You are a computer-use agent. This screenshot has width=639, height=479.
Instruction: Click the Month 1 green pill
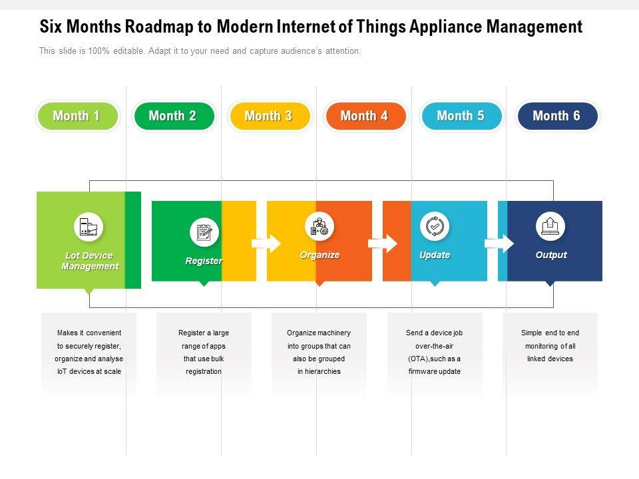point(77,116)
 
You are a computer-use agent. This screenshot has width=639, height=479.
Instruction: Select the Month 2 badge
point(173,116)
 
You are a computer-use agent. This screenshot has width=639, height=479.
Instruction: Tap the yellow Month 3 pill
point(269,116)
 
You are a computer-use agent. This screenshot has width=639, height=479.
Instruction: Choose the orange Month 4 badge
point(365,116)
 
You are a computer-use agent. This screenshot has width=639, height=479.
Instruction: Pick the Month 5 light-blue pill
point(461,116)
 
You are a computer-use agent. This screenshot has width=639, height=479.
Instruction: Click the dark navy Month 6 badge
point(557,116)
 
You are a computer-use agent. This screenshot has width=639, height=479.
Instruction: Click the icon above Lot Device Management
point(89,227)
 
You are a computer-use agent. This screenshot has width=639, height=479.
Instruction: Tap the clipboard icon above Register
point(204,232)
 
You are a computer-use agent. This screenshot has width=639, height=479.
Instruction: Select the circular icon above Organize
point(319,226)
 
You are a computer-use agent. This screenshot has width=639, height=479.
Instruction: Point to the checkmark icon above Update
point(435,226)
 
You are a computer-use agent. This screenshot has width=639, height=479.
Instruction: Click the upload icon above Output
point(550,226)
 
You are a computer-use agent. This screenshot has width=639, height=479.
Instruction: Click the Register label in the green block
point(204,261)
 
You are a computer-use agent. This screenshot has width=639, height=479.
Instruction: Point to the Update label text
point(435,255)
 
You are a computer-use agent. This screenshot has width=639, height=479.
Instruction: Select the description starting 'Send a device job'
point(435,352)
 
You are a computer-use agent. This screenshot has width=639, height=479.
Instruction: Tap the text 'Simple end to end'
point(550,333)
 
